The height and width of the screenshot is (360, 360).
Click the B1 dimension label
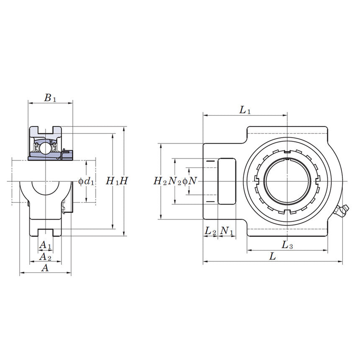click(x=50, y=98)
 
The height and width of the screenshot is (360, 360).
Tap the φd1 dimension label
click(x=86, y=181)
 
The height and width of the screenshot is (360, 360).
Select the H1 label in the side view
click(x=111, y=181)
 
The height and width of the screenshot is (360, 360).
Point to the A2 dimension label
click(x=45, y=256)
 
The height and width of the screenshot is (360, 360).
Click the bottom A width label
click(x=45, y=268)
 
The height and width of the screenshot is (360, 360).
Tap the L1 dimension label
click(x=245, y=110)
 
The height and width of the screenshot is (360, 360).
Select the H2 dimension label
click(x=160, y=181)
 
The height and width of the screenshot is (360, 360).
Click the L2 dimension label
click(x=210, y=231)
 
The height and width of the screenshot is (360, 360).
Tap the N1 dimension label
click(x=226, y=231)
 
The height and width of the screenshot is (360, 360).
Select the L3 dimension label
click(x=287, y=245)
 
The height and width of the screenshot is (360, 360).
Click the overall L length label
click(x=273, y=257)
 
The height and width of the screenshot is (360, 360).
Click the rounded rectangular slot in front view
click(x=226, y=181)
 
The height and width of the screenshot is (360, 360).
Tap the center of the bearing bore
click(x=288, y=181)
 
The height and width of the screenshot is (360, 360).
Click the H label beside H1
click(x=124, y=181)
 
